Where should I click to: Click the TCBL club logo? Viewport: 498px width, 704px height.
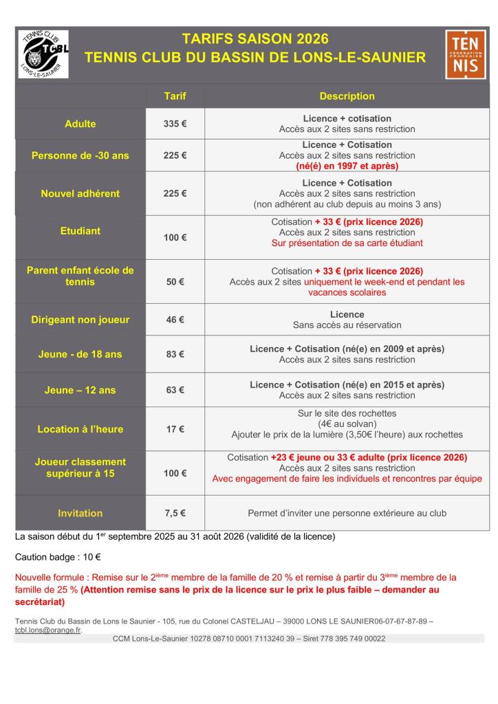tap(43, 54)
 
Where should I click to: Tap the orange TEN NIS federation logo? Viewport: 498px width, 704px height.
tap(462, 54)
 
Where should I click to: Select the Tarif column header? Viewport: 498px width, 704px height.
tap(175, 96)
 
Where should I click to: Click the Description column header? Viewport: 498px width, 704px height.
tap(347, 96)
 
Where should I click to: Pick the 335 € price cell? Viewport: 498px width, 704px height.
tap(175, 124)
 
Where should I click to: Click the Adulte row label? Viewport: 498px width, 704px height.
tap(80, 124)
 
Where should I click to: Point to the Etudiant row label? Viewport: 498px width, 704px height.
tap(80, 231)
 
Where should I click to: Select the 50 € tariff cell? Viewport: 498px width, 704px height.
tap(175, 282)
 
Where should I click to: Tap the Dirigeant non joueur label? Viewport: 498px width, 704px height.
tap(80, 320)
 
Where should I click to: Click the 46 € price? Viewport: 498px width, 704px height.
tap(175, 320)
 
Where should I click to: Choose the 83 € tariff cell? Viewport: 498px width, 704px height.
tap(175, 355)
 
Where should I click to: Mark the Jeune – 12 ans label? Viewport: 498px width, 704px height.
tap(80, 390)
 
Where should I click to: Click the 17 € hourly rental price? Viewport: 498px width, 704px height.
tap(175, 429)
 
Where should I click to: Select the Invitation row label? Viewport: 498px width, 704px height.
tap(80, 513)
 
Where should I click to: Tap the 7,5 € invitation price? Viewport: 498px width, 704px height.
tap(175, 513)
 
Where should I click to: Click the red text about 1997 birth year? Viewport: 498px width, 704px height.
tap(347, 166)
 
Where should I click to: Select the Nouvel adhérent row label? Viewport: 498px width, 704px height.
tap(80, 193)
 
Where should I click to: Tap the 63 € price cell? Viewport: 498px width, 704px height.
tap(175, 390)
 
